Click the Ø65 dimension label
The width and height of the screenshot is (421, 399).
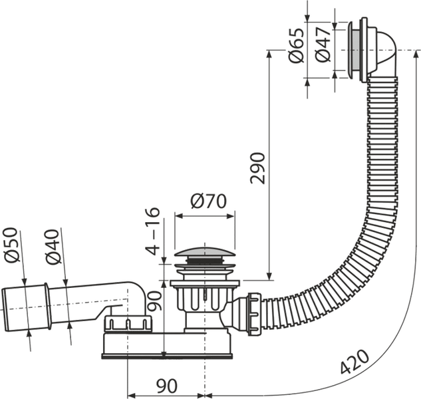(297, 45)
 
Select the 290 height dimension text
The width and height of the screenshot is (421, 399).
(257, 168)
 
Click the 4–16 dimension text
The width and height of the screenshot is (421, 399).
(153, 231)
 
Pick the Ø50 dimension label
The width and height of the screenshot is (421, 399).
(12, 245)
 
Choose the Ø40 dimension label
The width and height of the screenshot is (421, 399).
(53, 247)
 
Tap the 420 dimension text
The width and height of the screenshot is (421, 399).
(355, 362)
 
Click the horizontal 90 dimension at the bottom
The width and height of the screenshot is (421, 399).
(167, 386)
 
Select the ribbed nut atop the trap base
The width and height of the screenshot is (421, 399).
(128, 323)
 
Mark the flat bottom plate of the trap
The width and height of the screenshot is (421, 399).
(167, 356)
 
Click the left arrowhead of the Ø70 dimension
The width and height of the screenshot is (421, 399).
(179, 216)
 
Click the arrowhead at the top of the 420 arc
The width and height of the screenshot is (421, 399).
(416, 55)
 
